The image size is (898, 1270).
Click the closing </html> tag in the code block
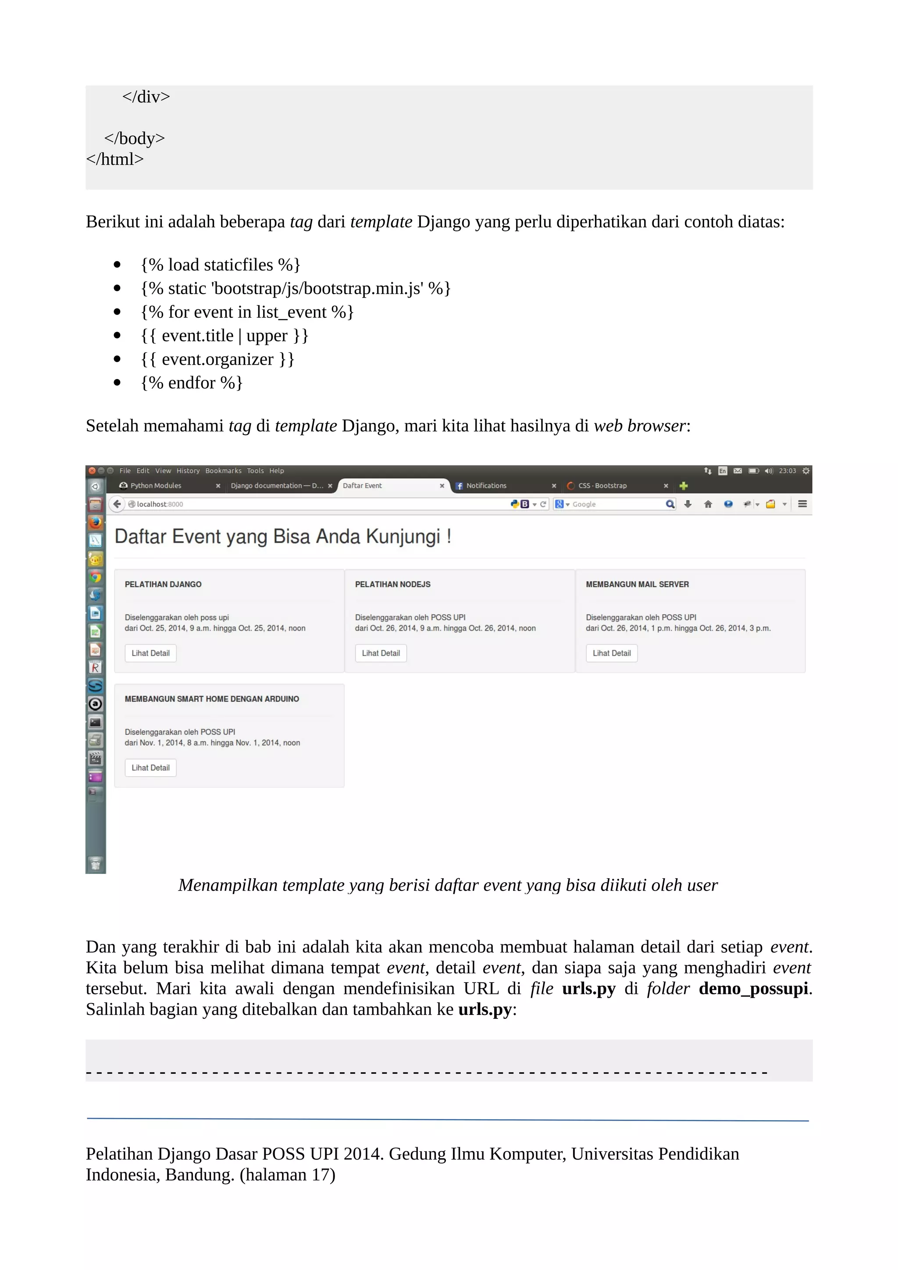pyautogui.click(x=114, y=160)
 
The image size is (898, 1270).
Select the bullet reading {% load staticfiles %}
pyautogui.click(x=220, y=265)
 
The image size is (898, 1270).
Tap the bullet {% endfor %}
pyautogui.click(x=192, y=383)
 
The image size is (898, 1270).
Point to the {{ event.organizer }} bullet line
pyautogui.click(x=217, y=359)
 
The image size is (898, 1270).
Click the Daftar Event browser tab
pyautogui.click(x=387, y=486)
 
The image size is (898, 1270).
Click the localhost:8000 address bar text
pyautogui.click(x=160, y=504)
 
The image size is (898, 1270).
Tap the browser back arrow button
pyautogui.click(x=117, y=504)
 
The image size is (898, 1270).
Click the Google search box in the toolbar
pyautogui.click(x=614, y=504)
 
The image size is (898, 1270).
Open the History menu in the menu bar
pyautogui.click(x=188, y=471)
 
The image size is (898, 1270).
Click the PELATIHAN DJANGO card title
pyautogui.click(x=163, y=584)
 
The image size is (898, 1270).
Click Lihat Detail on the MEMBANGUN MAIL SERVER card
pyautogui.click(x=611, y=653)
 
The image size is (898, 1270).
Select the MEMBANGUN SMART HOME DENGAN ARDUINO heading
pyautogui.click(x=211, y=699)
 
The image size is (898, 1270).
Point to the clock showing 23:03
pyautogui.click(x=787, y=471)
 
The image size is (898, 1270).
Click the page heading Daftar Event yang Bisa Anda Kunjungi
pyautogui.click(x=282, y=536)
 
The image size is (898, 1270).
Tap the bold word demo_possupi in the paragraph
pyautogui.click(x=752, y=989)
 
